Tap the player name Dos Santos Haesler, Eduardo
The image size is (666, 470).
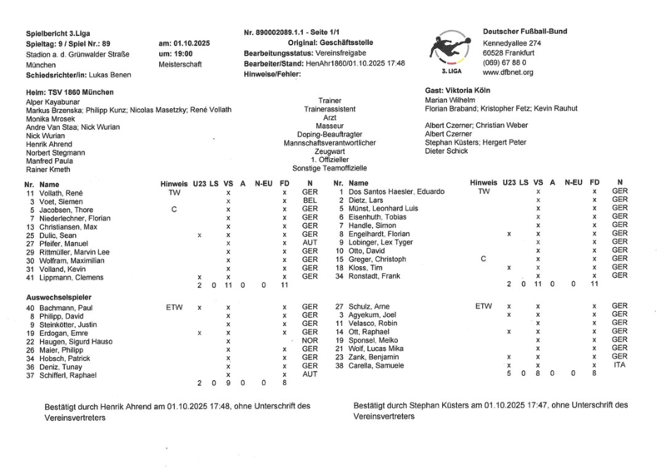pyautogui.click(x=392, y=192)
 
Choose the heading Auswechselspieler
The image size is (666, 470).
pyautogui.click(x=58, y=297)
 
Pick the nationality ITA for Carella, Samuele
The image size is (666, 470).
pyautogui.click(x=619, y=365)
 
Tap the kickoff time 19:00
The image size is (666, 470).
pyautogui.click(x=182, y=52)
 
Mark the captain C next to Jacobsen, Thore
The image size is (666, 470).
pyautogui.click(x=174, y=209)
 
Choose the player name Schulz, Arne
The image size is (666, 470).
pyautogui.click(x=369, y=307)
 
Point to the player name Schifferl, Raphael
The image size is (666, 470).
pyautogui.click(x=68, y=374)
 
